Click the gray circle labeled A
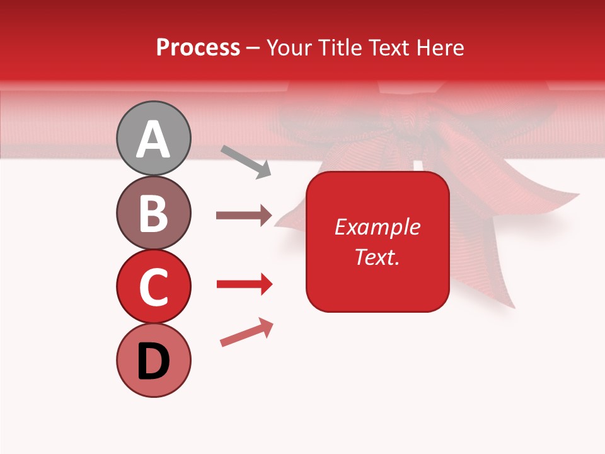tap(154, 138)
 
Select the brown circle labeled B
tap(154, 212)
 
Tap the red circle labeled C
tap(154, 286)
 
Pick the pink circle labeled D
tap(154, 360)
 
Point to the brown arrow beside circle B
tap(244, 216)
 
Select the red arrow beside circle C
tap(244, 284)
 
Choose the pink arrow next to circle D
tap(246, 332)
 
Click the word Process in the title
tap(198, 47)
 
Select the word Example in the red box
tap(377, 227)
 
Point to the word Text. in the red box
tap(377, 257)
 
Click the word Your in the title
tap(289, 47)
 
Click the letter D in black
tap(154, 361)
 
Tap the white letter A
tap(154, 139)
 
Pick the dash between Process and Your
tap(253, 48)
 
